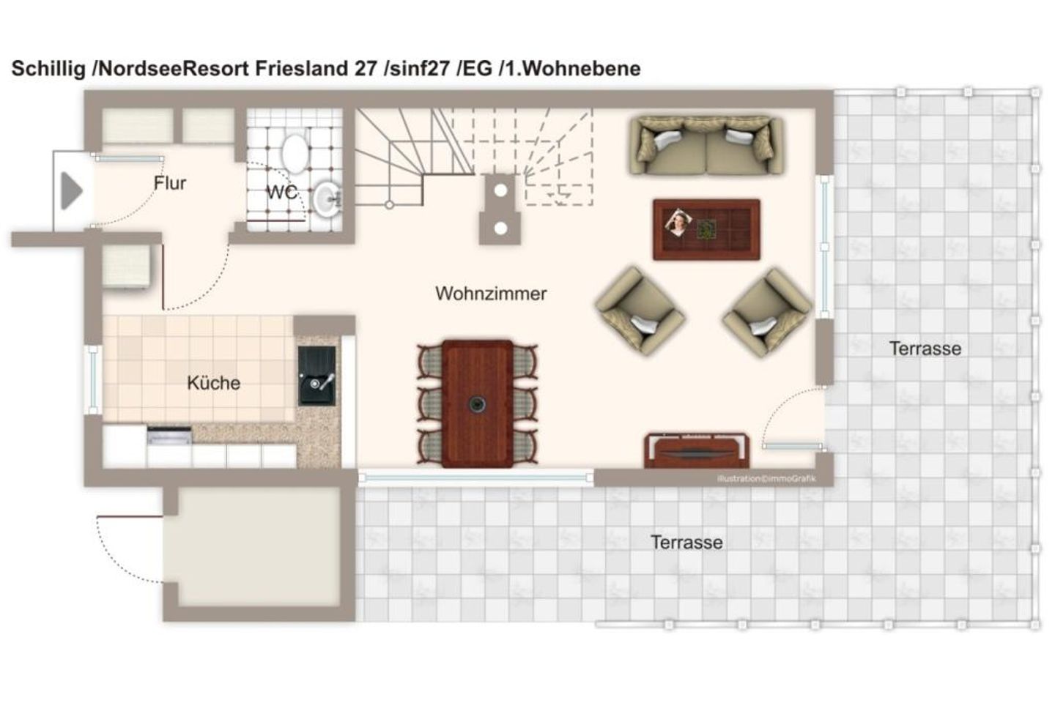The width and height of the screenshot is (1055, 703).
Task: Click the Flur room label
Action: pyautogui.click(x=170, y=182)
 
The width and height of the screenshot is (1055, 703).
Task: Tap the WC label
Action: pyautogui.click(x=281, y=192)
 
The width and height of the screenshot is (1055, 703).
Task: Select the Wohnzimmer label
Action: pyautogui.click(x=491, y=294)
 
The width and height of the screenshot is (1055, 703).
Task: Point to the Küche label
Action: pyautogui.click(x=213, y=383)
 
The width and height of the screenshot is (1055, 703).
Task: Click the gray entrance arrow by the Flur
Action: pyautogui.click(x=71, y=190)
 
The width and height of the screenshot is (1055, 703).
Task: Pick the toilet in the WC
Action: pyautogui.click(x=295, y=153)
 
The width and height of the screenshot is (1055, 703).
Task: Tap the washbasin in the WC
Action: pyautogui.click(x=327, y=199)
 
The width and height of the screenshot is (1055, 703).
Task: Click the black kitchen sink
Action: pyautogui.click(x=317, y=376)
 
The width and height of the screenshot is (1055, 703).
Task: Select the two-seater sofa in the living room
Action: pyautogui.click(x=706, y=146)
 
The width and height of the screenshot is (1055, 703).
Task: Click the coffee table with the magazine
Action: pyautogui.click(x=706, y=229)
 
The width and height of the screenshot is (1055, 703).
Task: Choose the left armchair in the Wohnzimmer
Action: pyautogui.click(x=640, y=311)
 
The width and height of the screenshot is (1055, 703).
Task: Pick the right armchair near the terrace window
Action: pyautogui.click(x=768, y=312)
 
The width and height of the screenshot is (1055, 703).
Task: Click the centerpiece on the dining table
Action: pyautogui.click(x=477, y=403)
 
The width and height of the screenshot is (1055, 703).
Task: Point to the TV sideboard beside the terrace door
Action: pyautogui.click(x=696, y=450)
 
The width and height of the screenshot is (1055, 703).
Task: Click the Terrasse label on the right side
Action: pyautogui.click(x=925, y=349)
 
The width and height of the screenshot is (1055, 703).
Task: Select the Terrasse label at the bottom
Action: pyautogui.click(x=686, y=542)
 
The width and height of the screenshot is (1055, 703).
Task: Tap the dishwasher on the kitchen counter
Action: pyautogui.click(x=169, y=436)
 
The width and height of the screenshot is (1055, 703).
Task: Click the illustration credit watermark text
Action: pyautogui.click(x=766, y=478)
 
